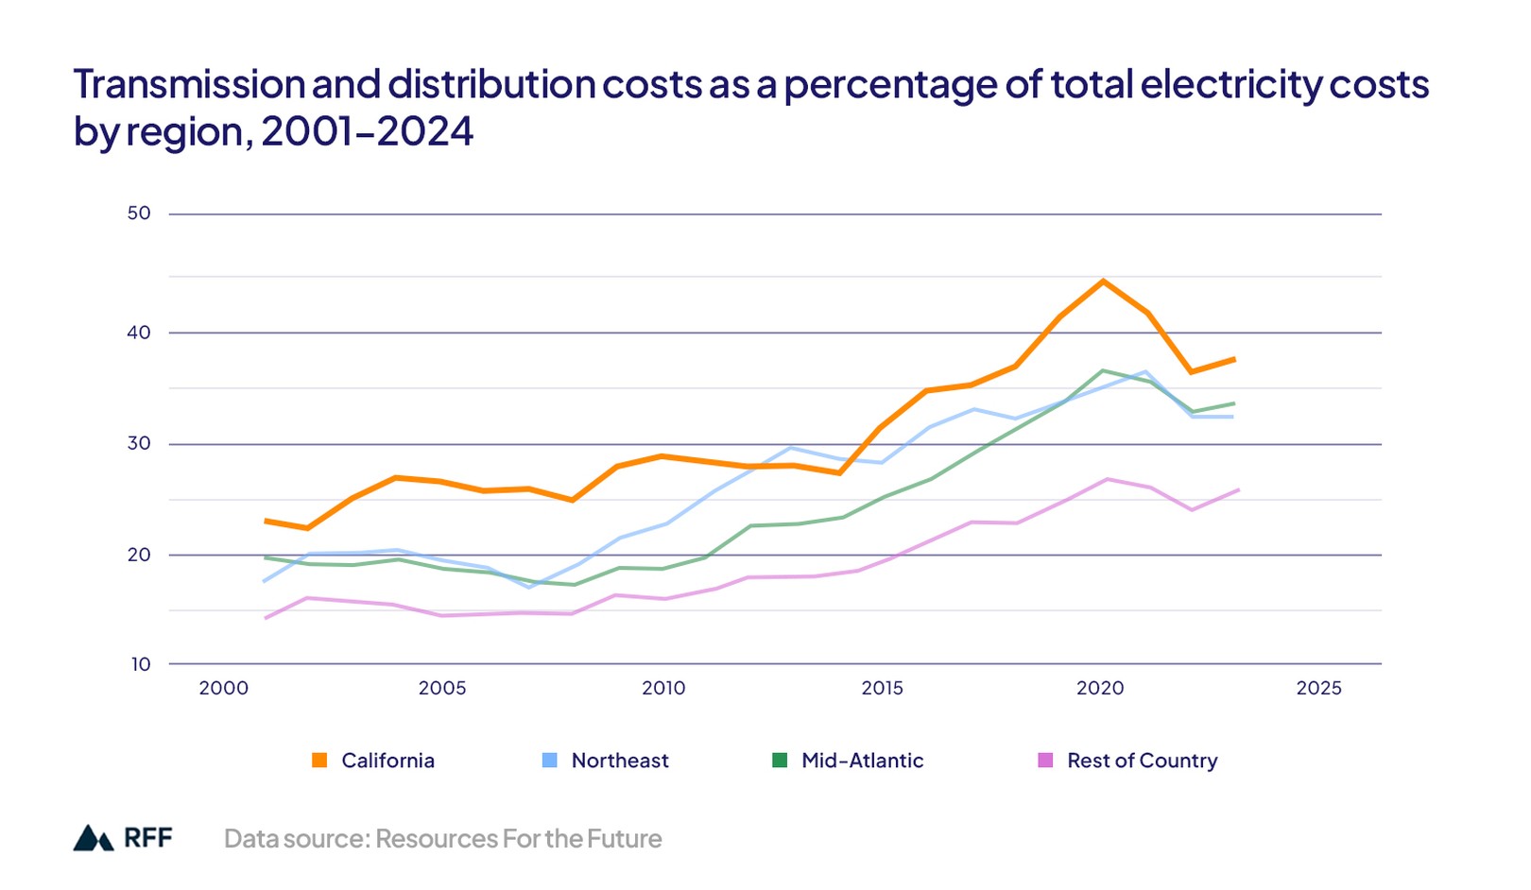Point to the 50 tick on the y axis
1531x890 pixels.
pyautogui.click(x=139, y=214)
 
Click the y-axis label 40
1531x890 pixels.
pyautogui.click(x=139, y=333)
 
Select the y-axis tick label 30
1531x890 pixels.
pyautogui.click(x=139, y=443)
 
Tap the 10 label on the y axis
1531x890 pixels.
pyautogui.click(x=141, y=664)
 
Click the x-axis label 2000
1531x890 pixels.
pyautogui.click(x=224, y=689)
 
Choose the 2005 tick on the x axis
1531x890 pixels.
pyautogui.click(x=442, y=689)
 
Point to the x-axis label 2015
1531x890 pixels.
pyautogui.click(x=882, y=689)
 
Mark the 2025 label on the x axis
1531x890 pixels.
pyautogui.click(x=1318, y=689)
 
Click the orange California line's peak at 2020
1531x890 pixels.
pyautogui.click(x=1102, y=281)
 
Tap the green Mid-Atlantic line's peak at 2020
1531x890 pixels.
pyautogui.click(x=1102, y=370)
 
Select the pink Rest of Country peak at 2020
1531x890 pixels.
pyautogui.click(x=1106, y=479)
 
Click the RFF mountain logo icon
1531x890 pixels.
pyautogui.click(x=94, y=838)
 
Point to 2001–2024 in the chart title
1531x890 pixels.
pyautogui.click(x=367, y=131)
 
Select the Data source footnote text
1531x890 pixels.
pyautogui.click(x=442, y=839)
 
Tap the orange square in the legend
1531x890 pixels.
pyautogui.click(x=319, y=761)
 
